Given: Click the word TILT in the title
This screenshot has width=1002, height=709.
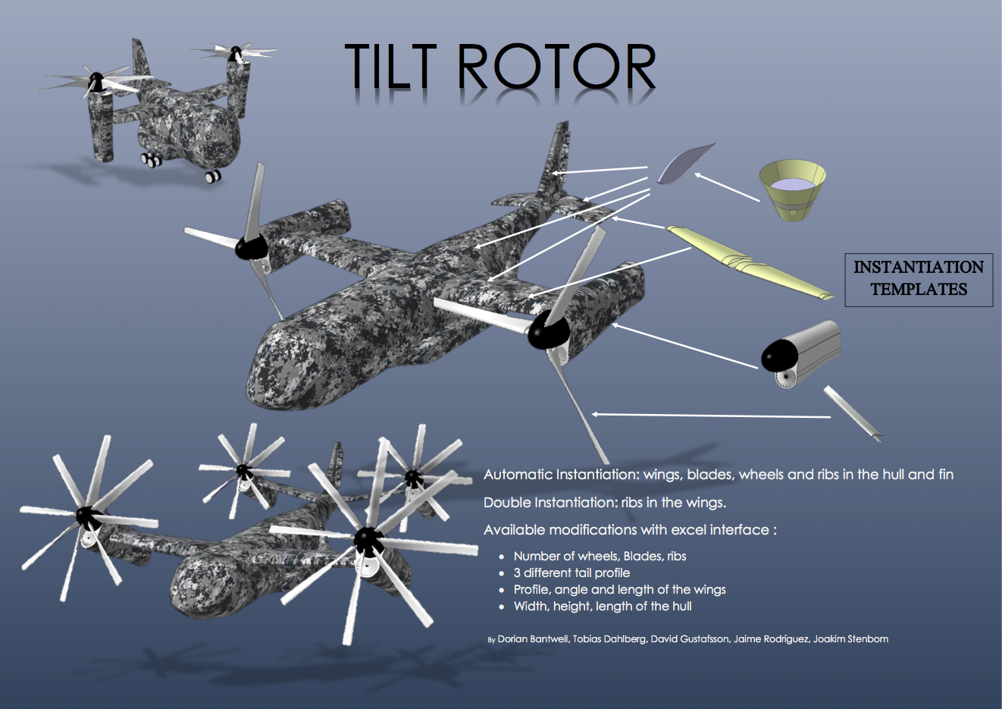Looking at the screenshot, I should (390, 67).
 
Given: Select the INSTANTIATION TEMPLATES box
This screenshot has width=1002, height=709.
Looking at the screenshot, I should (919, 279).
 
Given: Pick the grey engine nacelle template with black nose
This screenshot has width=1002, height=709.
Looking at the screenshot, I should (802, 353).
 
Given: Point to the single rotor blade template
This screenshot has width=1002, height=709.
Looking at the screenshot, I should (853, 413).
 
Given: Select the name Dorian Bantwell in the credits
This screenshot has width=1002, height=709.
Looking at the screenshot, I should (532, 639).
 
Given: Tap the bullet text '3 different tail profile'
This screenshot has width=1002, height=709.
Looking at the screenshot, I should (571, 573).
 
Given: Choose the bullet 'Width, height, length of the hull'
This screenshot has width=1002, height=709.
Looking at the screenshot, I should (602, 607).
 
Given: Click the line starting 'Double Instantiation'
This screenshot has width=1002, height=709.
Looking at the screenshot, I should (604, 503).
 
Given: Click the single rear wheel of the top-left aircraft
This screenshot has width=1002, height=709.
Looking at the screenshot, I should (213, 177).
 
